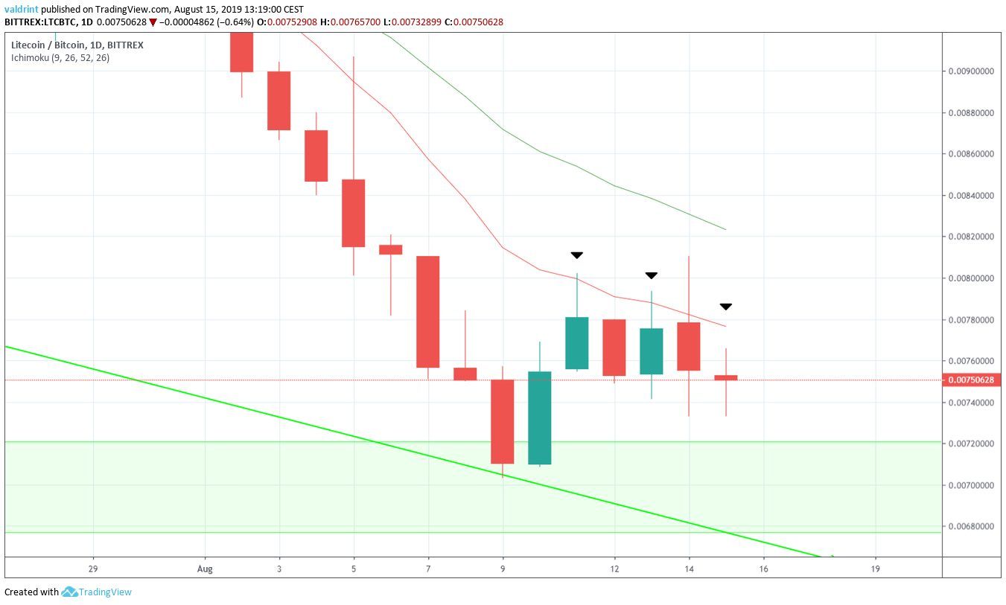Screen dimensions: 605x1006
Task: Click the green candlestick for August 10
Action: pyautogui.click(x=540, y=417)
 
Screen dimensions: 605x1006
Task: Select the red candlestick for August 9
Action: pyautogui.click(x=503, y=421)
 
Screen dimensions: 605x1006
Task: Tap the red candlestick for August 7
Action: pyautogui.click(x=428, y=312)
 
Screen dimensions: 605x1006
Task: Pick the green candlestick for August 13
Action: pyautogui.click(x=652, y=351)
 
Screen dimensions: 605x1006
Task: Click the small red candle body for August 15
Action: pyautogui.click(x=726, y=378)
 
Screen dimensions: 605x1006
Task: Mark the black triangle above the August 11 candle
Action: pyautogui.click(x=577, y=255)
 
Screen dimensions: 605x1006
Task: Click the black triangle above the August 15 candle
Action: pyautogui.click(x=726, y=307)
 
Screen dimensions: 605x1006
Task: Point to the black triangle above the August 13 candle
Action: pyautogui.click(x=652, y=275)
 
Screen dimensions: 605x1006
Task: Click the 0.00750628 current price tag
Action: pyautogui.click(x=973, y=380)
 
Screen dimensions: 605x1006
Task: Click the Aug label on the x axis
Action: pyautogui.click(x=206, y=570)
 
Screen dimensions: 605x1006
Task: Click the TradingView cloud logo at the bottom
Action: pyautogui.click(x=70, y=592)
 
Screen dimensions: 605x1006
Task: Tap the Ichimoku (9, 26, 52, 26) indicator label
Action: pyautogui.click(x=60, y=57)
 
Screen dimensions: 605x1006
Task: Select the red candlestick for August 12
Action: pyautogui.click(x=614, y=348)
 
